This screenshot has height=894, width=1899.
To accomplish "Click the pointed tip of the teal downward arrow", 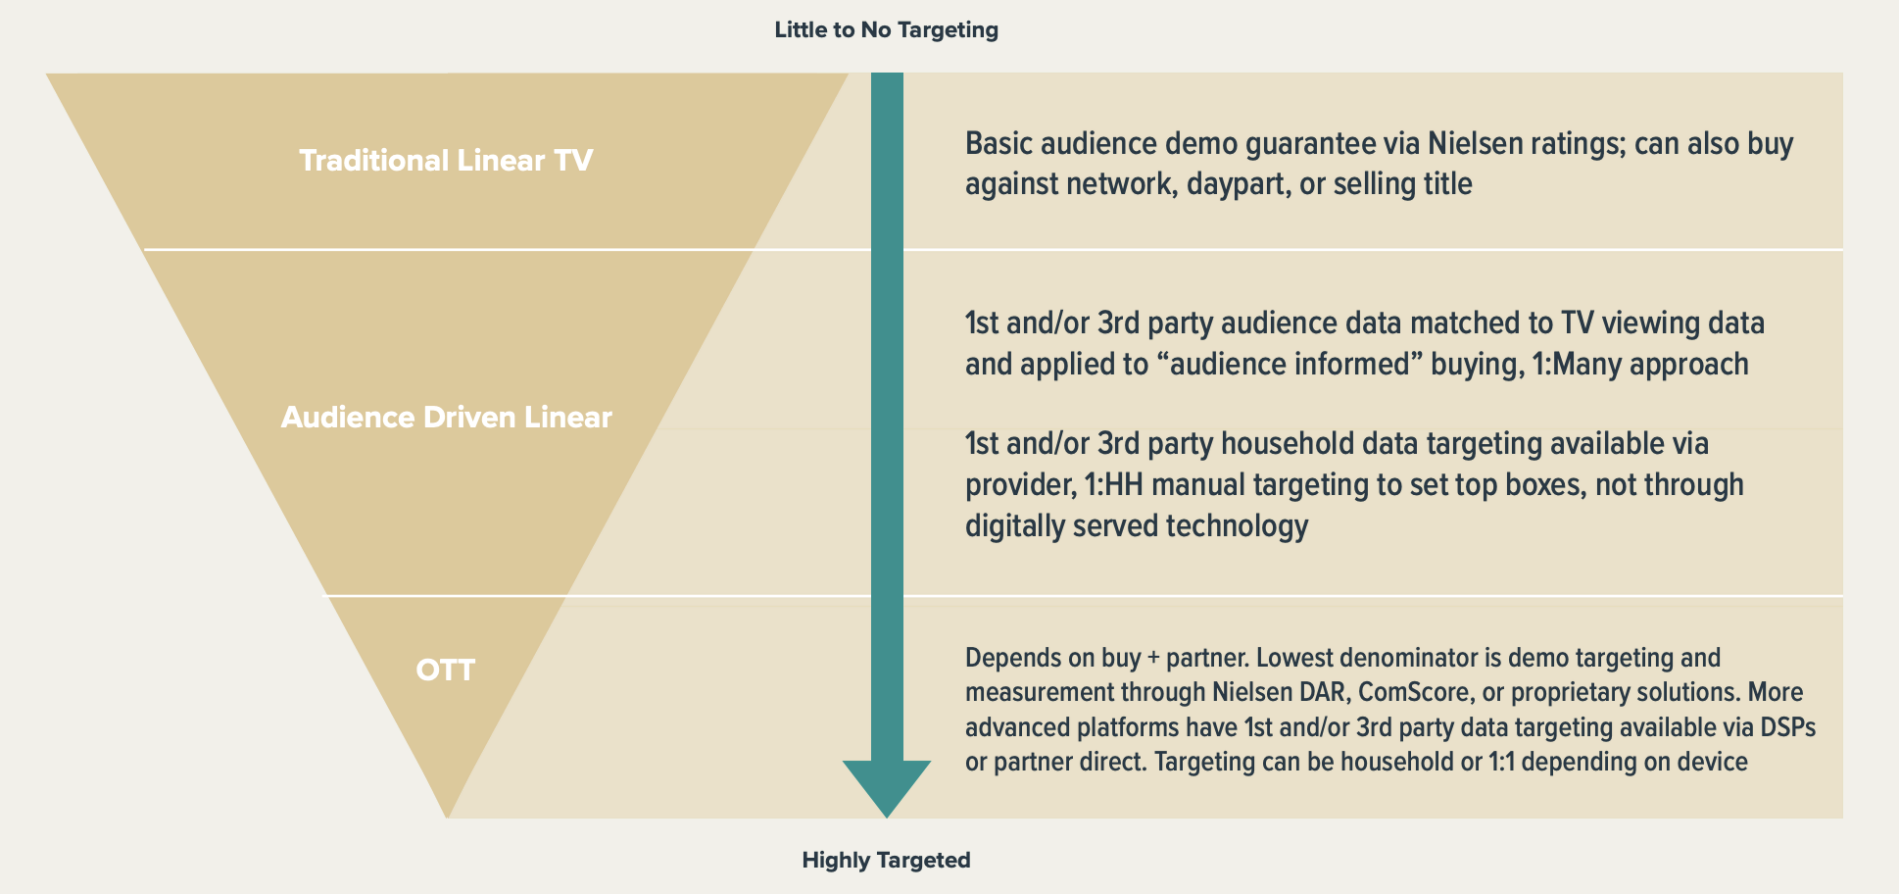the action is coord(887,818).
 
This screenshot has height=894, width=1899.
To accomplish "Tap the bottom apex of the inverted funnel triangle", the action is coord(447,818).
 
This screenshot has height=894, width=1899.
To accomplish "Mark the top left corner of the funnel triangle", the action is coord(46,74).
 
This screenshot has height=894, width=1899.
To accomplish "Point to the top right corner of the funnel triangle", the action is coord(848,74).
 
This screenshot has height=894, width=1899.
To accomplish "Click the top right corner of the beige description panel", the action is coord(1842,74).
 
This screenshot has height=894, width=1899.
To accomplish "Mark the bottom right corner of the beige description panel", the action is coord(1842,818).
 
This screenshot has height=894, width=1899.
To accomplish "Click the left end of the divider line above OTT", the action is coord(324,595).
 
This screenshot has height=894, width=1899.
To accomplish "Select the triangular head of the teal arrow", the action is coord(887,789).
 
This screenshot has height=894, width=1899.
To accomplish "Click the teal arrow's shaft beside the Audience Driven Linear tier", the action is coord(887,422).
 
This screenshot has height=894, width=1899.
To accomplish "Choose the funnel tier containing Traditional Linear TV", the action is coord(447,161).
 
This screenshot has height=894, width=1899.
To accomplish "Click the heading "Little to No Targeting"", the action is coord(887,30).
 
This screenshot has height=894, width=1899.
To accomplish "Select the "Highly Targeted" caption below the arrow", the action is coord(887,861).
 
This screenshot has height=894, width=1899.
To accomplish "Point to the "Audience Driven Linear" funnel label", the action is coord(447,418).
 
